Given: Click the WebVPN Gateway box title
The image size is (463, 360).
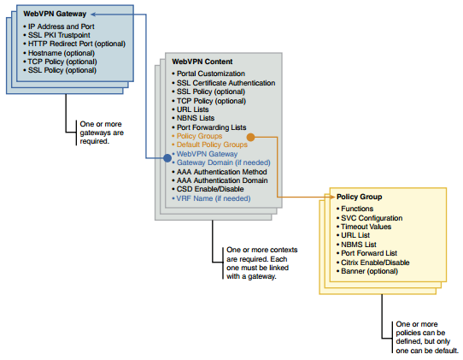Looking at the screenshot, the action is pos(55,14).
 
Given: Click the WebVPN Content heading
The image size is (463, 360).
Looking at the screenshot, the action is pos(202,62).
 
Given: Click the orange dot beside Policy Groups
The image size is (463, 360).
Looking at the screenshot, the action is pos(250,137).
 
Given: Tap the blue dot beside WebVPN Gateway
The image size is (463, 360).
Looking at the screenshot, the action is pos(167,158).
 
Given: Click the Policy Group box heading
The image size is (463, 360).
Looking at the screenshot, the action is pos(360,197).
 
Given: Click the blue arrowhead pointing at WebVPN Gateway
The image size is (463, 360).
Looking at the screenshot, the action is pos(94,15).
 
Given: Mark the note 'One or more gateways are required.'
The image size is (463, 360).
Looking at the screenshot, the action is pos(102,133).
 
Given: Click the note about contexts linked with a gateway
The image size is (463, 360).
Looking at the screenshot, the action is pos(262,263).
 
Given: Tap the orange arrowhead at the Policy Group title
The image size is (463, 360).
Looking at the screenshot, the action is pos(332,197).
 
